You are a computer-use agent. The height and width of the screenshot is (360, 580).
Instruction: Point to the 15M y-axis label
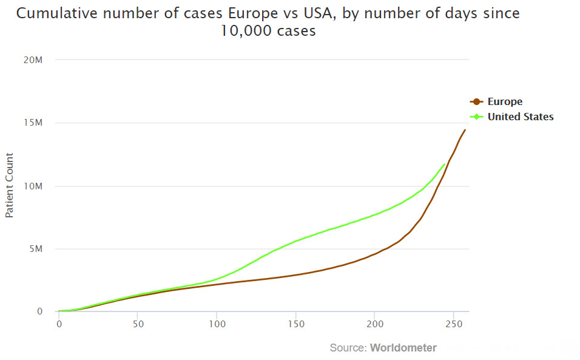pyautogui.click(x=34, y=123)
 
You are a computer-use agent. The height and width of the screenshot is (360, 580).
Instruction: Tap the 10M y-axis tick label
pyautogui.click(x=34, y=186)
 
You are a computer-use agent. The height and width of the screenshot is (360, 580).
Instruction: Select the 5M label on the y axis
pyautogui.click(x=36, y=249)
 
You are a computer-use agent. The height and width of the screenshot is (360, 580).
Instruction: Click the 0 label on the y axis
pyautogui.click(x=39, y=312)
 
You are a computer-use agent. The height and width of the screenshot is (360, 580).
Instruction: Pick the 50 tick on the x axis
pyautogui.click(x=138, y=324)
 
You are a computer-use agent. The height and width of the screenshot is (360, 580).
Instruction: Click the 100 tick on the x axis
pyautogui.click(x=217, y=324)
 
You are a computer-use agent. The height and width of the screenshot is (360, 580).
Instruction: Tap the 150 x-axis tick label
pyautogui.click(x=295, y=324)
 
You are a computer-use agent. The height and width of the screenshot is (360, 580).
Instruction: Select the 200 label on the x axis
pyautogui.click(x=374, y=324)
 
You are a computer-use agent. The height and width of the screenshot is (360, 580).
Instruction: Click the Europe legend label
pyautogui.click(x=505, y=102)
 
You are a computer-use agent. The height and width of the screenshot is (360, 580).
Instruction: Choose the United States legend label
pyautogui.click(x=521, y=117)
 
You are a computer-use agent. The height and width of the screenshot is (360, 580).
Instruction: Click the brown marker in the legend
pyautogui.click(x=477, y=102)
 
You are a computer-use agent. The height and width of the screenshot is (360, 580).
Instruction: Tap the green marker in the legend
pyautogui.click(x=477, y=117)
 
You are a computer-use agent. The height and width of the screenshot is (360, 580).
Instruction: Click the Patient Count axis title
pyautogui.click(x=10, y=186)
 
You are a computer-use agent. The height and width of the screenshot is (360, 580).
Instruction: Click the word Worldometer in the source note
pyautogui.click(x=403, y=348)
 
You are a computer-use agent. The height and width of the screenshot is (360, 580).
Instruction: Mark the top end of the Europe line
pyautogui.click(x=465, y=129)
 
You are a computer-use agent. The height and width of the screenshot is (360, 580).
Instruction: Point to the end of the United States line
pyautogui.click(x=445, y=164)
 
